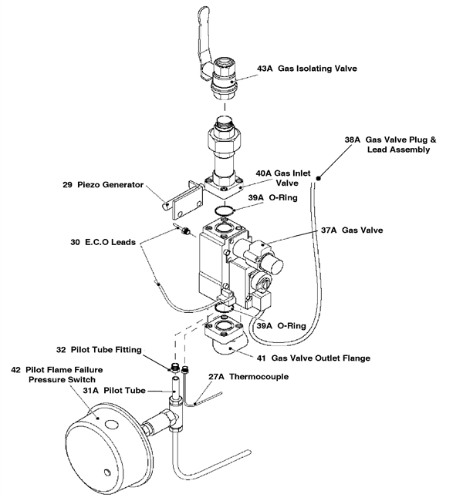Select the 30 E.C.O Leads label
[x=103, y=241]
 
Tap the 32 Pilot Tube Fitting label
[x=106, y=349]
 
